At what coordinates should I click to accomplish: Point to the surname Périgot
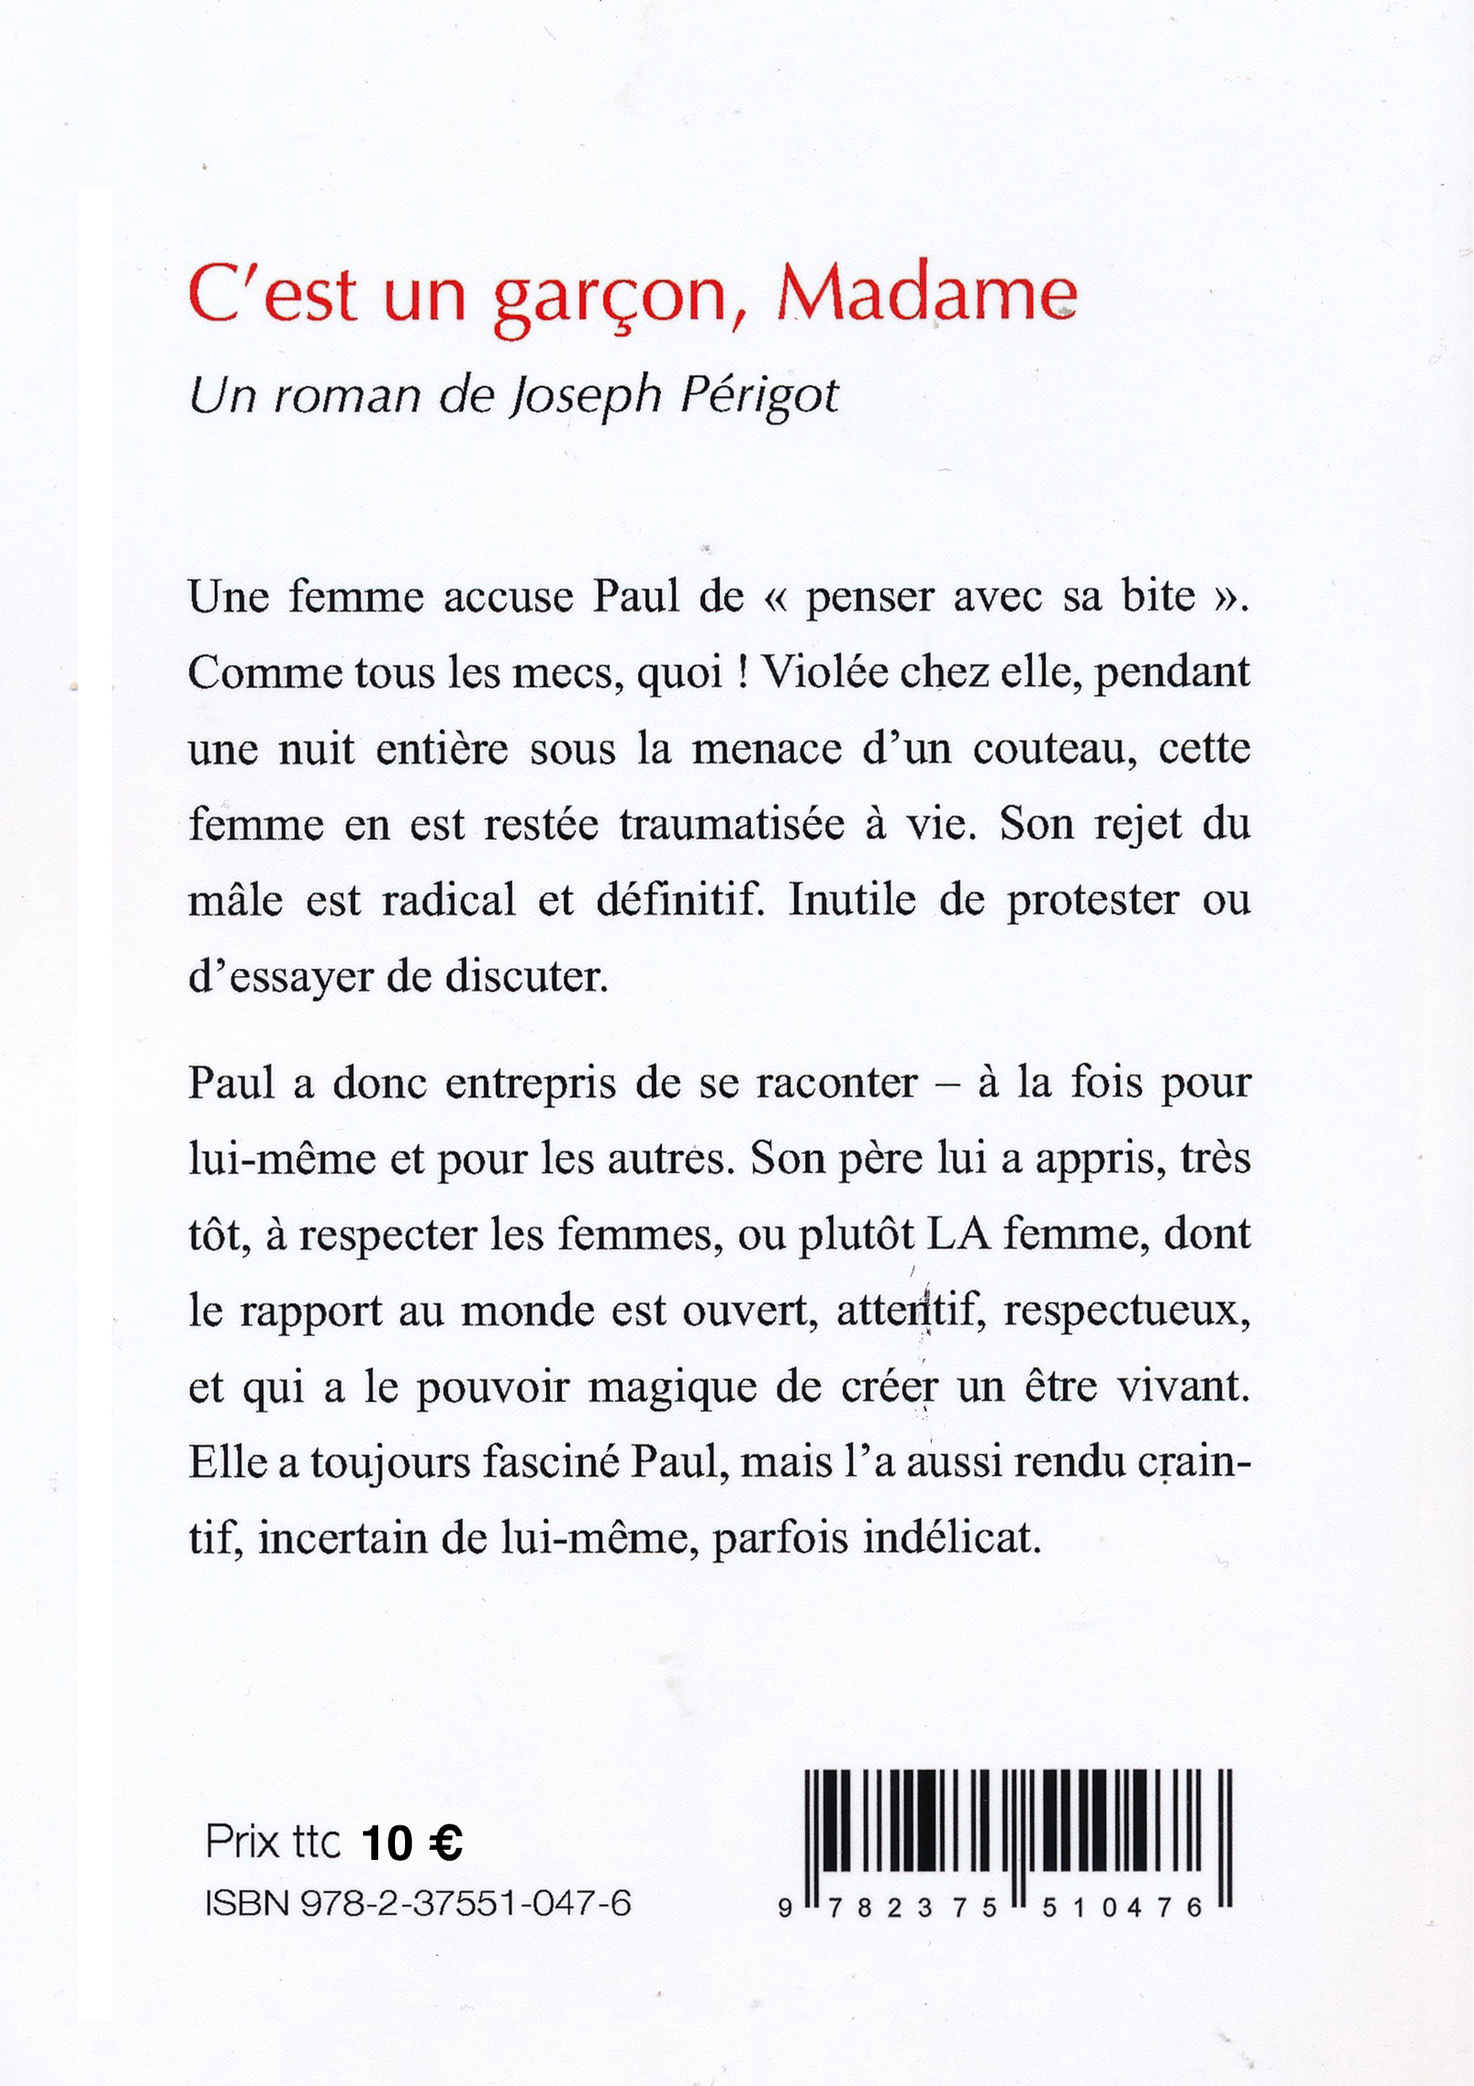759,397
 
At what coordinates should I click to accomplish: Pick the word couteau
1054,748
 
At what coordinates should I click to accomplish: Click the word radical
449,900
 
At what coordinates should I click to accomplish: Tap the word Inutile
851,900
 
